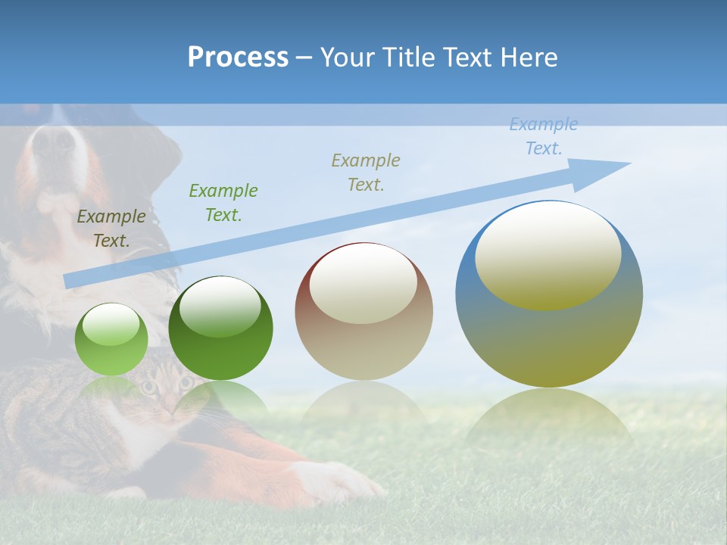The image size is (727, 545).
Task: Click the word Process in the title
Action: point(238,58)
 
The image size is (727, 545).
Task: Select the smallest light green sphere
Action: point(111,340)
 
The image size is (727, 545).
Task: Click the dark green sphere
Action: point(220,329)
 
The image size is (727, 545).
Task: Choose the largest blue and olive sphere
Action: point(549,295)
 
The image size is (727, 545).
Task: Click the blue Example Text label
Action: point(544,136)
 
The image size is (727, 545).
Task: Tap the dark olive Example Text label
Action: point(111,229)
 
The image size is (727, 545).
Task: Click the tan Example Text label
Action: point(367,172)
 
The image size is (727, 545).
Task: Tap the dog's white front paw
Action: point(341,481)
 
